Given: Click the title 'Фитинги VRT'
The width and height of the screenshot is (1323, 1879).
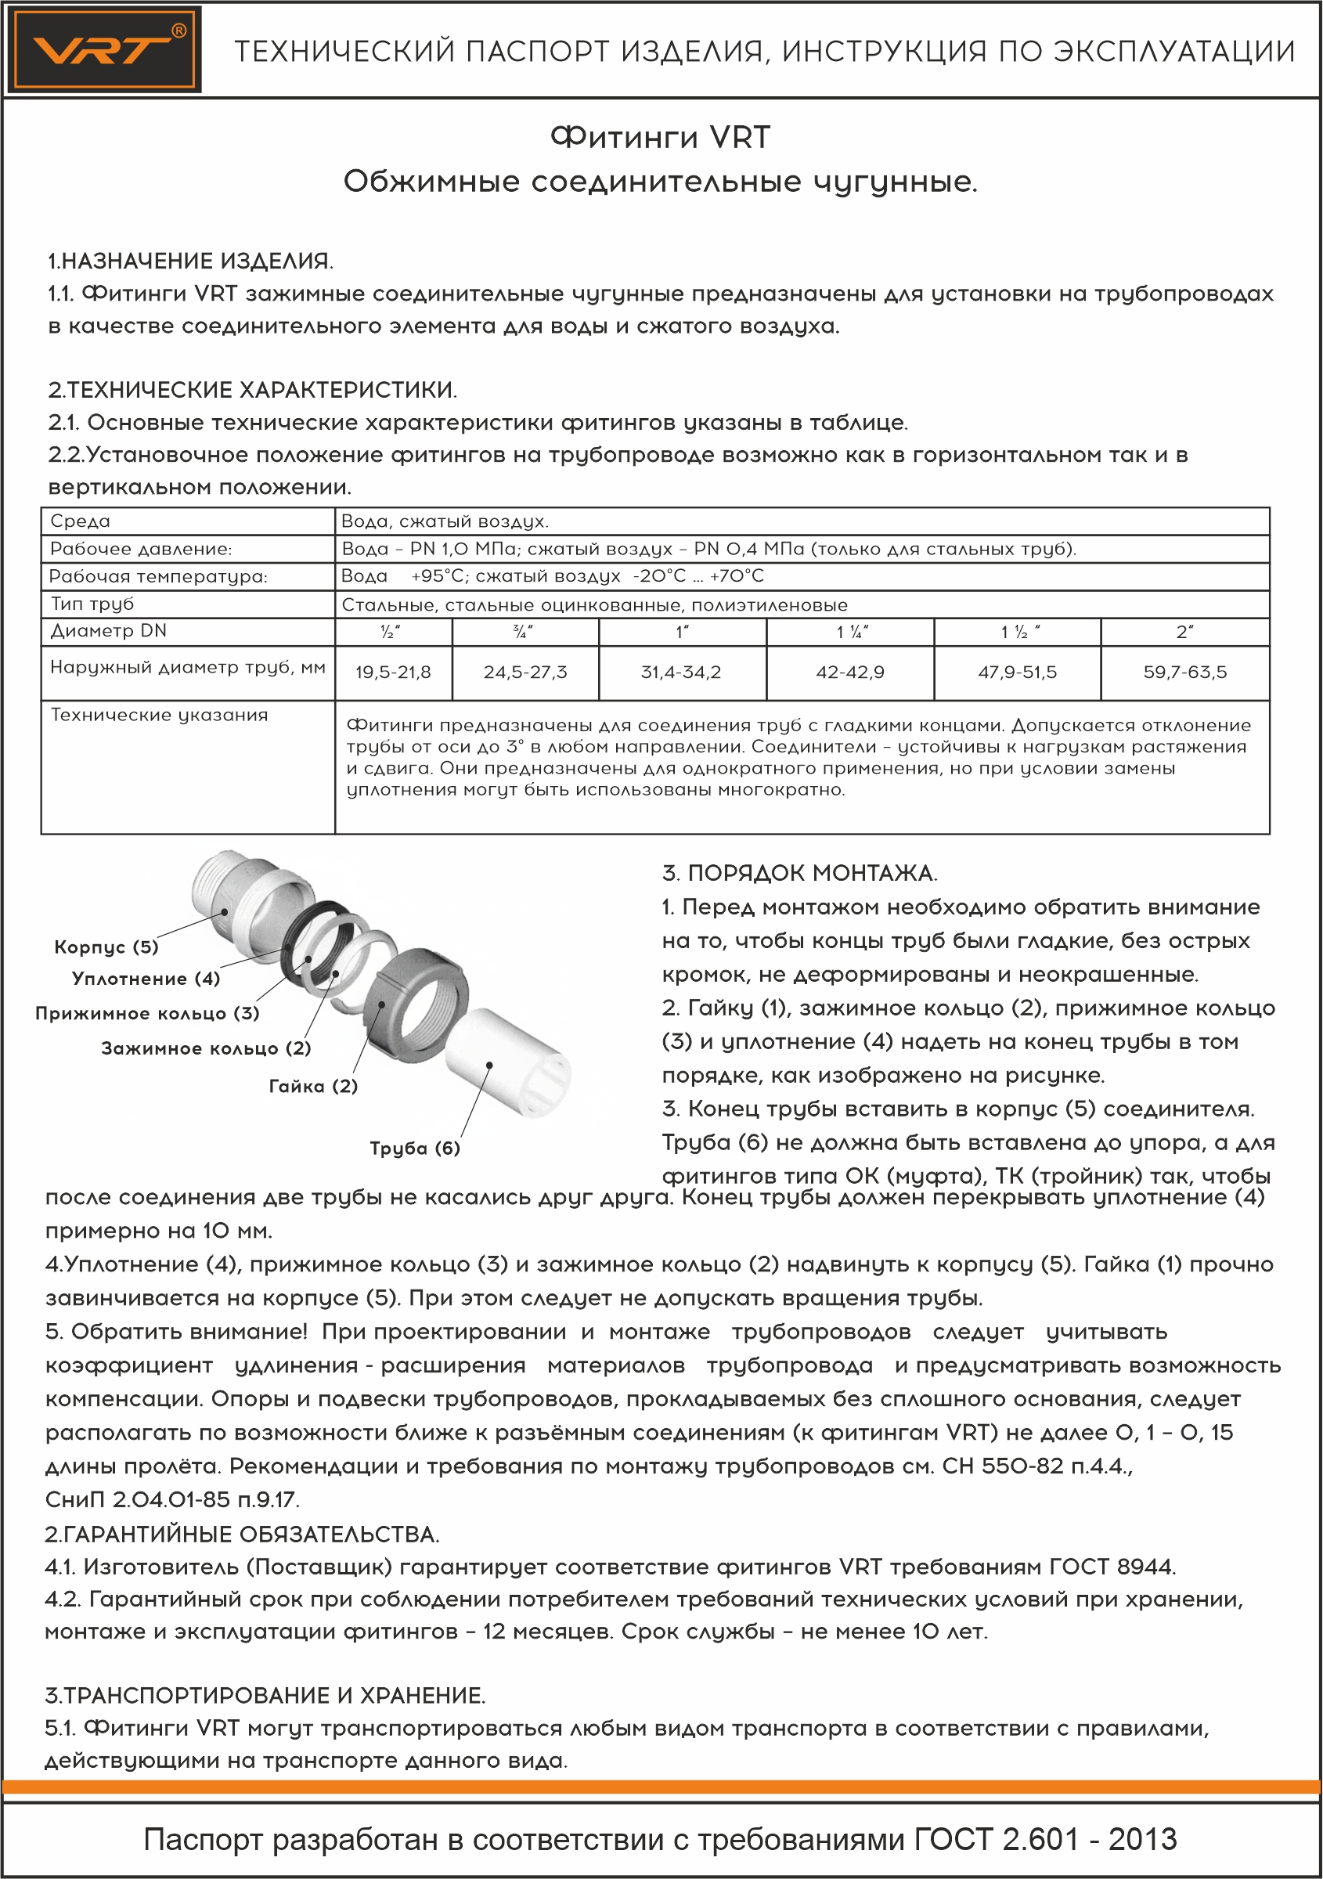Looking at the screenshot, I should coord(660,138).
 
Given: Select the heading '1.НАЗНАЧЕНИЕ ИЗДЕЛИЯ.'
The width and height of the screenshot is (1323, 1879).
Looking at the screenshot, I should coord(189,261).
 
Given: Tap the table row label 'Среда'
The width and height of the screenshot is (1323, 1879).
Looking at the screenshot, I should coord(80,521).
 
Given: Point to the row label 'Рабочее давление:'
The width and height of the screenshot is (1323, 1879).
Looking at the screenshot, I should coord(141,549).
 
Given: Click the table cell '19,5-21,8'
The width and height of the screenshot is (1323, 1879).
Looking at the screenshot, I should coord(393,673).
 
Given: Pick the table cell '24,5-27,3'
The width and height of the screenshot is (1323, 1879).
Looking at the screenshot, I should coord(525,673).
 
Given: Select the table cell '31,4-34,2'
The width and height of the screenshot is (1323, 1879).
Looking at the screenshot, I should coord(682,673).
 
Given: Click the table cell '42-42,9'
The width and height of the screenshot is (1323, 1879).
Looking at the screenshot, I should coord(850,673).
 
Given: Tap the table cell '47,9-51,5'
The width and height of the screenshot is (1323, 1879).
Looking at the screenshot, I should coord(1017,673).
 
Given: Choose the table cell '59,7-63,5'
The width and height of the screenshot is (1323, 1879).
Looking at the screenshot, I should coord(1184,673).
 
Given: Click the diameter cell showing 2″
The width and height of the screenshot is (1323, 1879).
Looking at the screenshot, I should coord(1184,632).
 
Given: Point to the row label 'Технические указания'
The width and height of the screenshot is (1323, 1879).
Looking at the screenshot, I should coord(160,716).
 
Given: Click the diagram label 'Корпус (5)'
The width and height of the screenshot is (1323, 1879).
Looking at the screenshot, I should coord(106,947).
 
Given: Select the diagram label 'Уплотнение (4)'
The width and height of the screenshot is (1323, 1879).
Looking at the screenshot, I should coord(146,979).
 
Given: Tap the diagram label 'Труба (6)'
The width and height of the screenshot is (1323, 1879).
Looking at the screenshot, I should coord(415,1149).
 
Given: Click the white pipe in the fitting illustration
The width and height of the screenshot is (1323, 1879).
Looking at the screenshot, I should coord(507,1064).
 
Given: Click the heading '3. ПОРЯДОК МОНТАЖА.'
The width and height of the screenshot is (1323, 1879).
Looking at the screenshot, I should coord(799,873).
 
